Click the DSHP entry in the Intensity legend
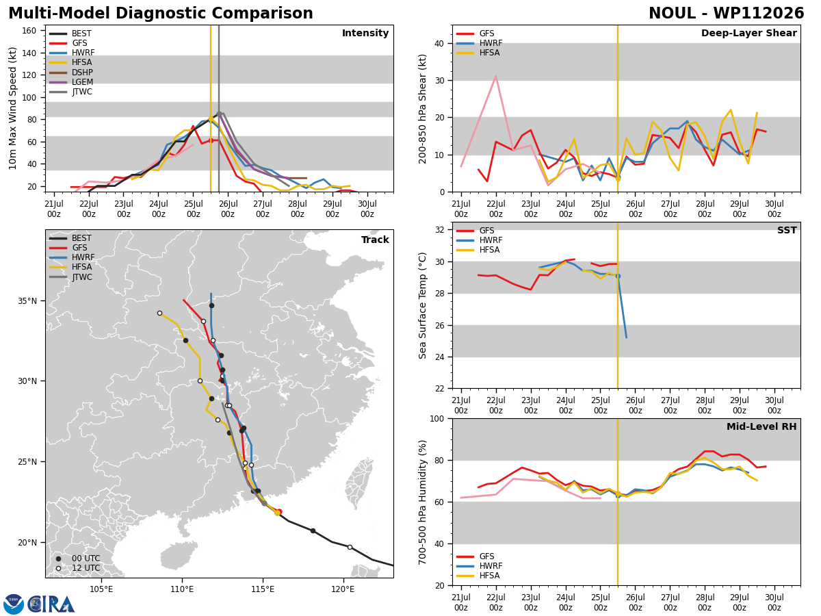pyautogui.click(x=71, y=72)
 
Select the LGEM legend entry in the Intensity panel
pyautogui.click(x=71, y=82)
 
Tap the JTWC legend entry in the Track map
pyautogui.click(x=70, y=277)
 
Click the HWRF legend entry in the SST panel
pyautogui.click(x=479, y=240)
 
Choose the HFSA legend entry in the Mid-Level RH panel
pyautogui.click(x=478, y=576)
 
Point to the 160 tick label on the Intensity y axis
pyautogui.click(x=29, y=31)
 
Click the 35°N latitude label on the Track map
pyautogui.click(x=27, y=301)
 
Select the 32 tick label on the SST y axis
pyautogui.click(x=440, y=230)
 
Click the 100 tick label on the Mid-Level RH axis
pyautogui.click(x=437, y=418)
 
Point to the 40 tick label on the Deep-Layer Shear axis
pyautogui.click(x=440, y=43)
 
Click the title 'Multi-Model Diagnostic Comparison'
pyautogui.click(x=161, y=13)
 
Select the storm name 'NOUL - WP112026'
pyautogui.click(x=727, y=13)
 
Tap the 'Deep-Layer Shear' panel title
pyautogui.click(x=748, y=33)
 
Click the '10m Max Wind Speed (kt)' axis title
pyautogui.click(x=12, y=108)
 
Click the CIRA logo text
pyautogui.click(x=51, y=604)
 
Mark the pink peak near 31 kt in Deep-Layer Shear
pyautogui.click(x=495, y=76)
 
